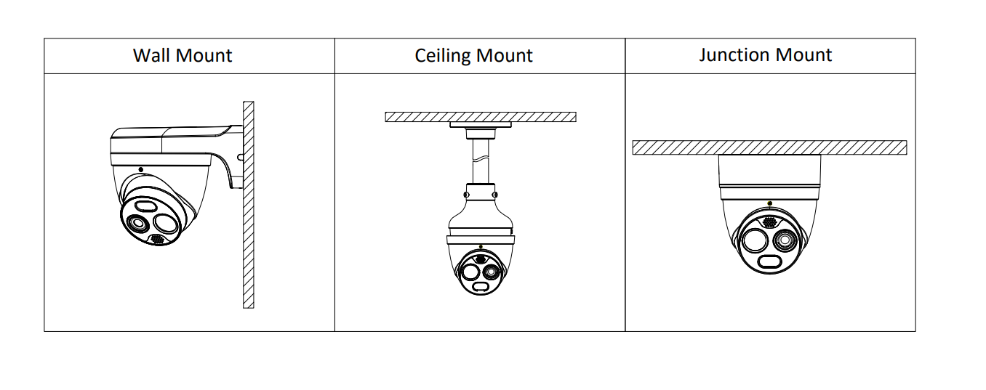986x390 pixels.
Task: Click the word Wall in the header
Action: tap(151, 55)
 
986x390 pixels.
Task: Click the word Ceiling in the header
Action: tap(443, 56)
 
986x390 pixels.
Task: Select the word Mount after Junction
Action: tap(803, 55)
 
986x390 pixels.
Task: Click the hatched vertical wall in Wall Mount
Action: tap(248, 205)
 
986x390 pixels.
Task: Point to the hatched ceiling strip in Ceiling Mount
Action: tap(481, 117)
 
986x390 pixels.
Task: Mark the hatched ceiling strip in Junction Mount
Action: tap(769, 147)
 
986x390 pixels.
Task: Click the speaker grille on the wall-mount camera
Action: tap(157, 239)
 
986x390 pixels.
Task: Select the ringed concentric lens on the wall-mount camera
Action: tap(137, 224)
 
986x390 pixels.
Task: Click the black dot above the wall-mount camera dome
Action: tap(140, 169)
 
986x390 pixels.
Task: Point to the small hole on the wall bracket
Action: tap(240, 158)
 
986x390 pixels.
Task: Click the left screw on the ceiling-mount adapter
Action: tap(467, 195)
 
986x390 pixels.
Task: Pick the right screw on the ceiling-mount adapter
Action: tap(495, 195)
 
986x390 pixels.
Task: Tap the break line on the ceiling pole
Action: tap(481, 158)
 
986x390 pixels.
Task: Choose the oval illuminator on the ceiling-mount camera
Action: tap(480, 287)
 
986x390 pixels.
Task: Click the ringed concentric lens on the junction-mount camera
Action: tap(785, 240)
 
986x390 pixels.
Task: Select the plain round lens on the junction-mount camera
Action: tap(755, 241)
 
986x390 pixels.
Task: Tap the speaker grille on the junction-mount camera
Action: tap(769, 222)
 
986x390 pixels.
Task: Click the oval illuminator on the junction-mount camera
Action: tap(770, 262)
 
